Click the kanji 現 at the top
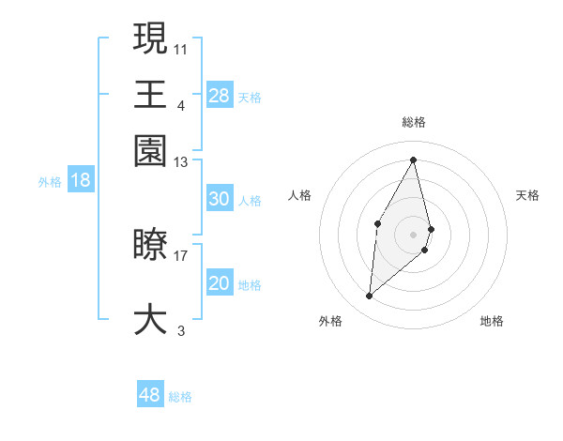pyautogui.click(x=150, y=38)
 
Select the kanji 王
pyautogui.click(x=150, y=94)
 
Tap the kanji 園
pyautogui.click(x=150, y=150)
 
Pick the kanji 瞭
pyautogui.click(x=150, y=246)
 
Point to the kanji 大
pyautogui.click(x=150, y=318)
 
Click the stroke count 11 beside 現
pyautogui.click(x=181, y=48)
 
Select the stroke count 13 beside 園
pyautogui.click(x=181, y=162)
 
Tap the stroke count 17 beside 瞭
pyautogui.click(x=181, y=254)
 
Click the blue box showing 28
pyautogui.click(x=219, y=95)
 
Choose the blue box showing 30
pyautogui.click(x=219, y=199)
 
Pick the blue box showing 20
pyautogui.click(x=219, y=283)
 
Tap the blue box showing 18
pyautogui.click(x=81, y=180)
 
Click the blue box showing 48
pyautogui.click(x=149, y=395)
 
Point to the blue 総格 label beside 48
pyautogui.click(x=180, y=397)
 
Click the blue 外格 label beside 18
pyautogui.click(x=49, y=182)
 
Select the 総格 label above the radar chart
pyautogui.click(x=414, y=123)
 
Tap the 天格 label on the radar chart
pyautogui.click(x=528, y=195)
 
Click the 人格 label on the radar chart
pyautogui.click(x=300, y=195)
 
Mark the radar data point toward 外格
pyautogui.click(x=370, y=297)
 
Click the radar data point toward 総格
pyautogui.click(x=414, y=160)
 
